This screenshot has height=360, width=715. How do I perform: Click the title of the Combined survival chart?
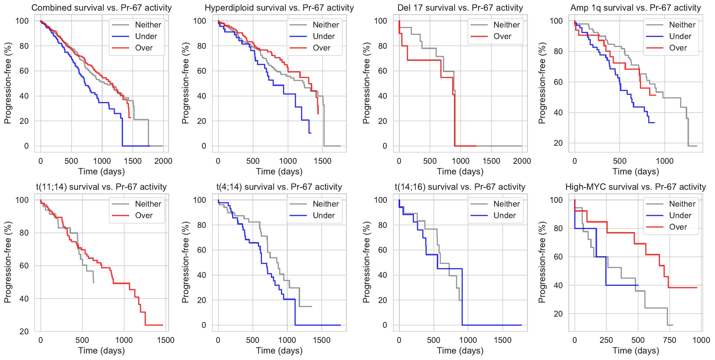coord(101,8)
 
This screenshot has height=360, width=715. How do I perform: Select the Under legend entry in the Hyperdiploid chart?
coord(323,36)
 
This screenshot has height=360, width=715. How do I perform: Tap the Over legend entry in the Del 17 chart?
coord(502,36)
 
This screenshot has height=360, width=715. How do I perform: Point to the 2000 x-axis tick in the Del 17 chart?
coord(522,161)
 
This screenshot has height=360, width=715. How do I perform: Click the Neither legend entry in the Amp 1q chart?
coord(682,25)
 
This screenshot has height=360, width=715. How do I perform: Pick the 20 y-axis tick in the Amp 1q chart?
coord(558,143)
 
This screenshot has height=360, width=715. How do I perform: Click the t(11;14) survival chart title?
coord(101,187)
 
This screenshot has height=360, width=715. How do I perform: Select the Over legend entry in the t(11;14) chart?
coord(144,215)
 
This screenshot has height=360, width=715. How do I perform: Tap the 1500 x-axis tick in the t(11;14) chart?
coord(166,340)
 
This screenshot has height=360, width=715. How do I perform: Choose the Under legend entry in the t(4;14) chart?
coord(323,215)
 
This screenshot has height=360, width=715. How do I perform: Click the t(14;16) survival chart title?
coord(460,187)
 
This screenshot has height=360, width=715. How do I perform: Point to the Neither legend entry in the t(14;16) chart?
coord(507,204)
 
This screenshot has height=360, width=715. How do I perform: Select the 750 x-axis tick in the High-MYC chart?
coord(669,340)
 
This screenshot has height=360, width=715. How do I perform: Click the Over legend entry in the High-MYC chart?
coord(678,227)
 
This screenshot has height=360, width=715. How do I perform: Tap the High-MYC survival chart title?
coord(635,187)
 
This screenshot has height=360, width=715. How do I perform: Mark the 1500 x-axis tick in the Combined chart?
coord(133,161)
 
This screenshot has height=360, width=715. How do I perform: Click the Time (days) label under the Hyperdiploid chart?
coord(279,171)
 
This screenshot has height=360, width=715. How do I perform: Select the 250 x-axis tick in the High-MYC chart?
coord(606,340)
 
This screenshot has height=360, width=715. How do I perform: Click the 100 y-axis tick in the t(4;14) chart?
coord(200,200)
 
